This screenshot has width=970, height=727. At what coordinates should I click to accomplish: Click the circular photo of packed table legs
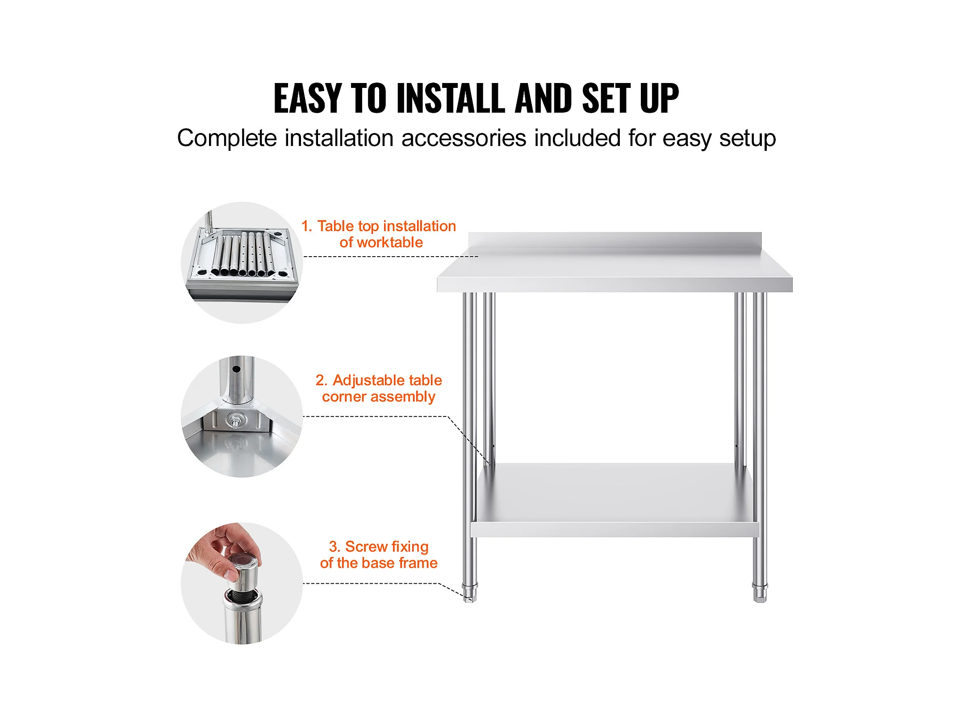[242, 263]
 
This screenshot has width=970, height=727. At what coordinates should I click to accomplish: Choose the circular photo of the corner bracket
[242, 416]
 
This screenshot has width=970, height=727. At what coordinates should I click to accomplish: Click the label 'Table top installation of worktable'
[379, 234]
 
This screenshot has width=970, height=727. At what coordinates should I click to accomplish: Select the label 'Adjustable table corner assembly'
[379, 388]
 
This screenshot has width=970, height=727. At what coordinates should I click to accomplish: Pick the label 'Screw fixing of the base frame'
[379, 555]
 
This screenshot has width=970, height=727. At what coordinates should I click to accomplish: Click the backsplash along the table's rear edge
[615, 240]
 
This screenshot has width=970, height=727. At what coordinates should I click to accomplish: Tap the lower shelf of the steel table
[615, 500]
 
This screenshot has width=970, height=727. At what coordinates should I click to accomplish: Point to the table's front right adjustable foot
[760, 593]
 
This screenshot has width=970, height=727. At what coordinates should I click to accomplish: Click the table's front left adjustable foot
[470, 593]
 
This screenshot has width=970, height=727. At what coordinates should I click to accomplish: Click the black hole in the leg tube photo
[236, 369]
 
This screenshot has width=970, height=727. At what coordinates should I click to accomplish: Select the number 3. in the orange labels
[334, 547]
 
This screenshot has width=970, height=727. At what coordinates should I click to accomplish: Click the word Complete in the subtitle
[227, 138]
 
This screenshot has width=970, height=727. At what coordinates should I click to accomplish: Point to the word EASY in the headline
[308, 98]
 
